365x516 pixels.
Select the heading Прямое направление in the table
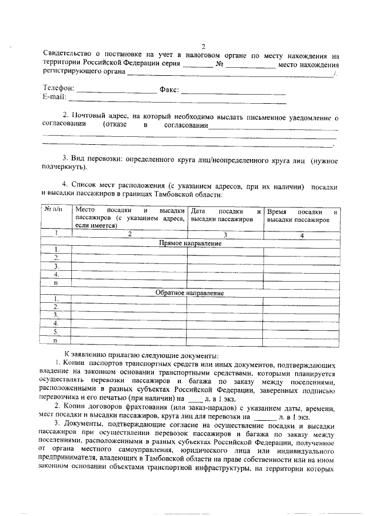click(189, 243)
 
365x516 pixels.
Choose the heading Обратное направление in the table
click(189, 293)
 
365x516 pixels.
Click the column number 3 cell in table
click(225, 234)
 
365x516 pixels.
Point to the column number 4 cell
click(302, 234)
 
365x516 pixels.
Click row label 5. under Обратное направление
click(56, 331)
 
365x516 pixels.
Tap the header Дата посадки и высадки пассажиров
click(225, 214)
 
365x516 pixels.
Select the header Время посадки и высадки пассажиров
click(302, 214)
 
